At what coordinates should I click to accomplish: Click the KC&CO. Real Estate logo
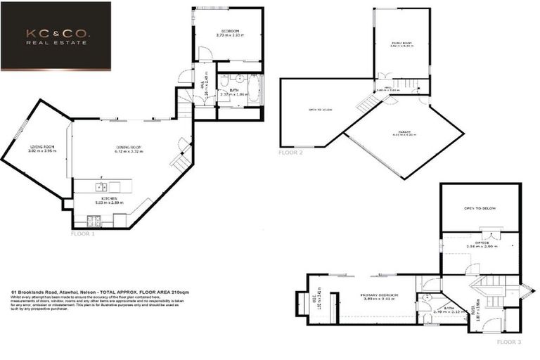pyautogui.click(x=56, y=35)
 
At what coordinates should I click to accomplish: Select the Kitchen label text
pyautogui.click(x=108, y=200)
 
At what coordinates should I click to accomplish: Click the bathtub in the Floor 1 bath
pyautogui.click(x=254, y=92)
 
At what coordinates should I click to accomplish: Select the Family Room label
pyautogui.click(x=401, y=44)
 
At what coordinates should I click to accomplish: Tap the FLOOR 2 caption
pyautogui.click(x=290, y=153)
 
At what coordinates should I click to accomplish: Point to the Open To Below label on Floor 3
pyautogui.click(x=480, y=208)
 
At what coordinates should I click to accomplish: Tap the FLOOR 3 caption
pyautogui.click(x=508, y=342)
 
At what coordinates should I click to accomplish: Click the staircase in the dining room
pyautogui.click(x=181, y=162)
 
